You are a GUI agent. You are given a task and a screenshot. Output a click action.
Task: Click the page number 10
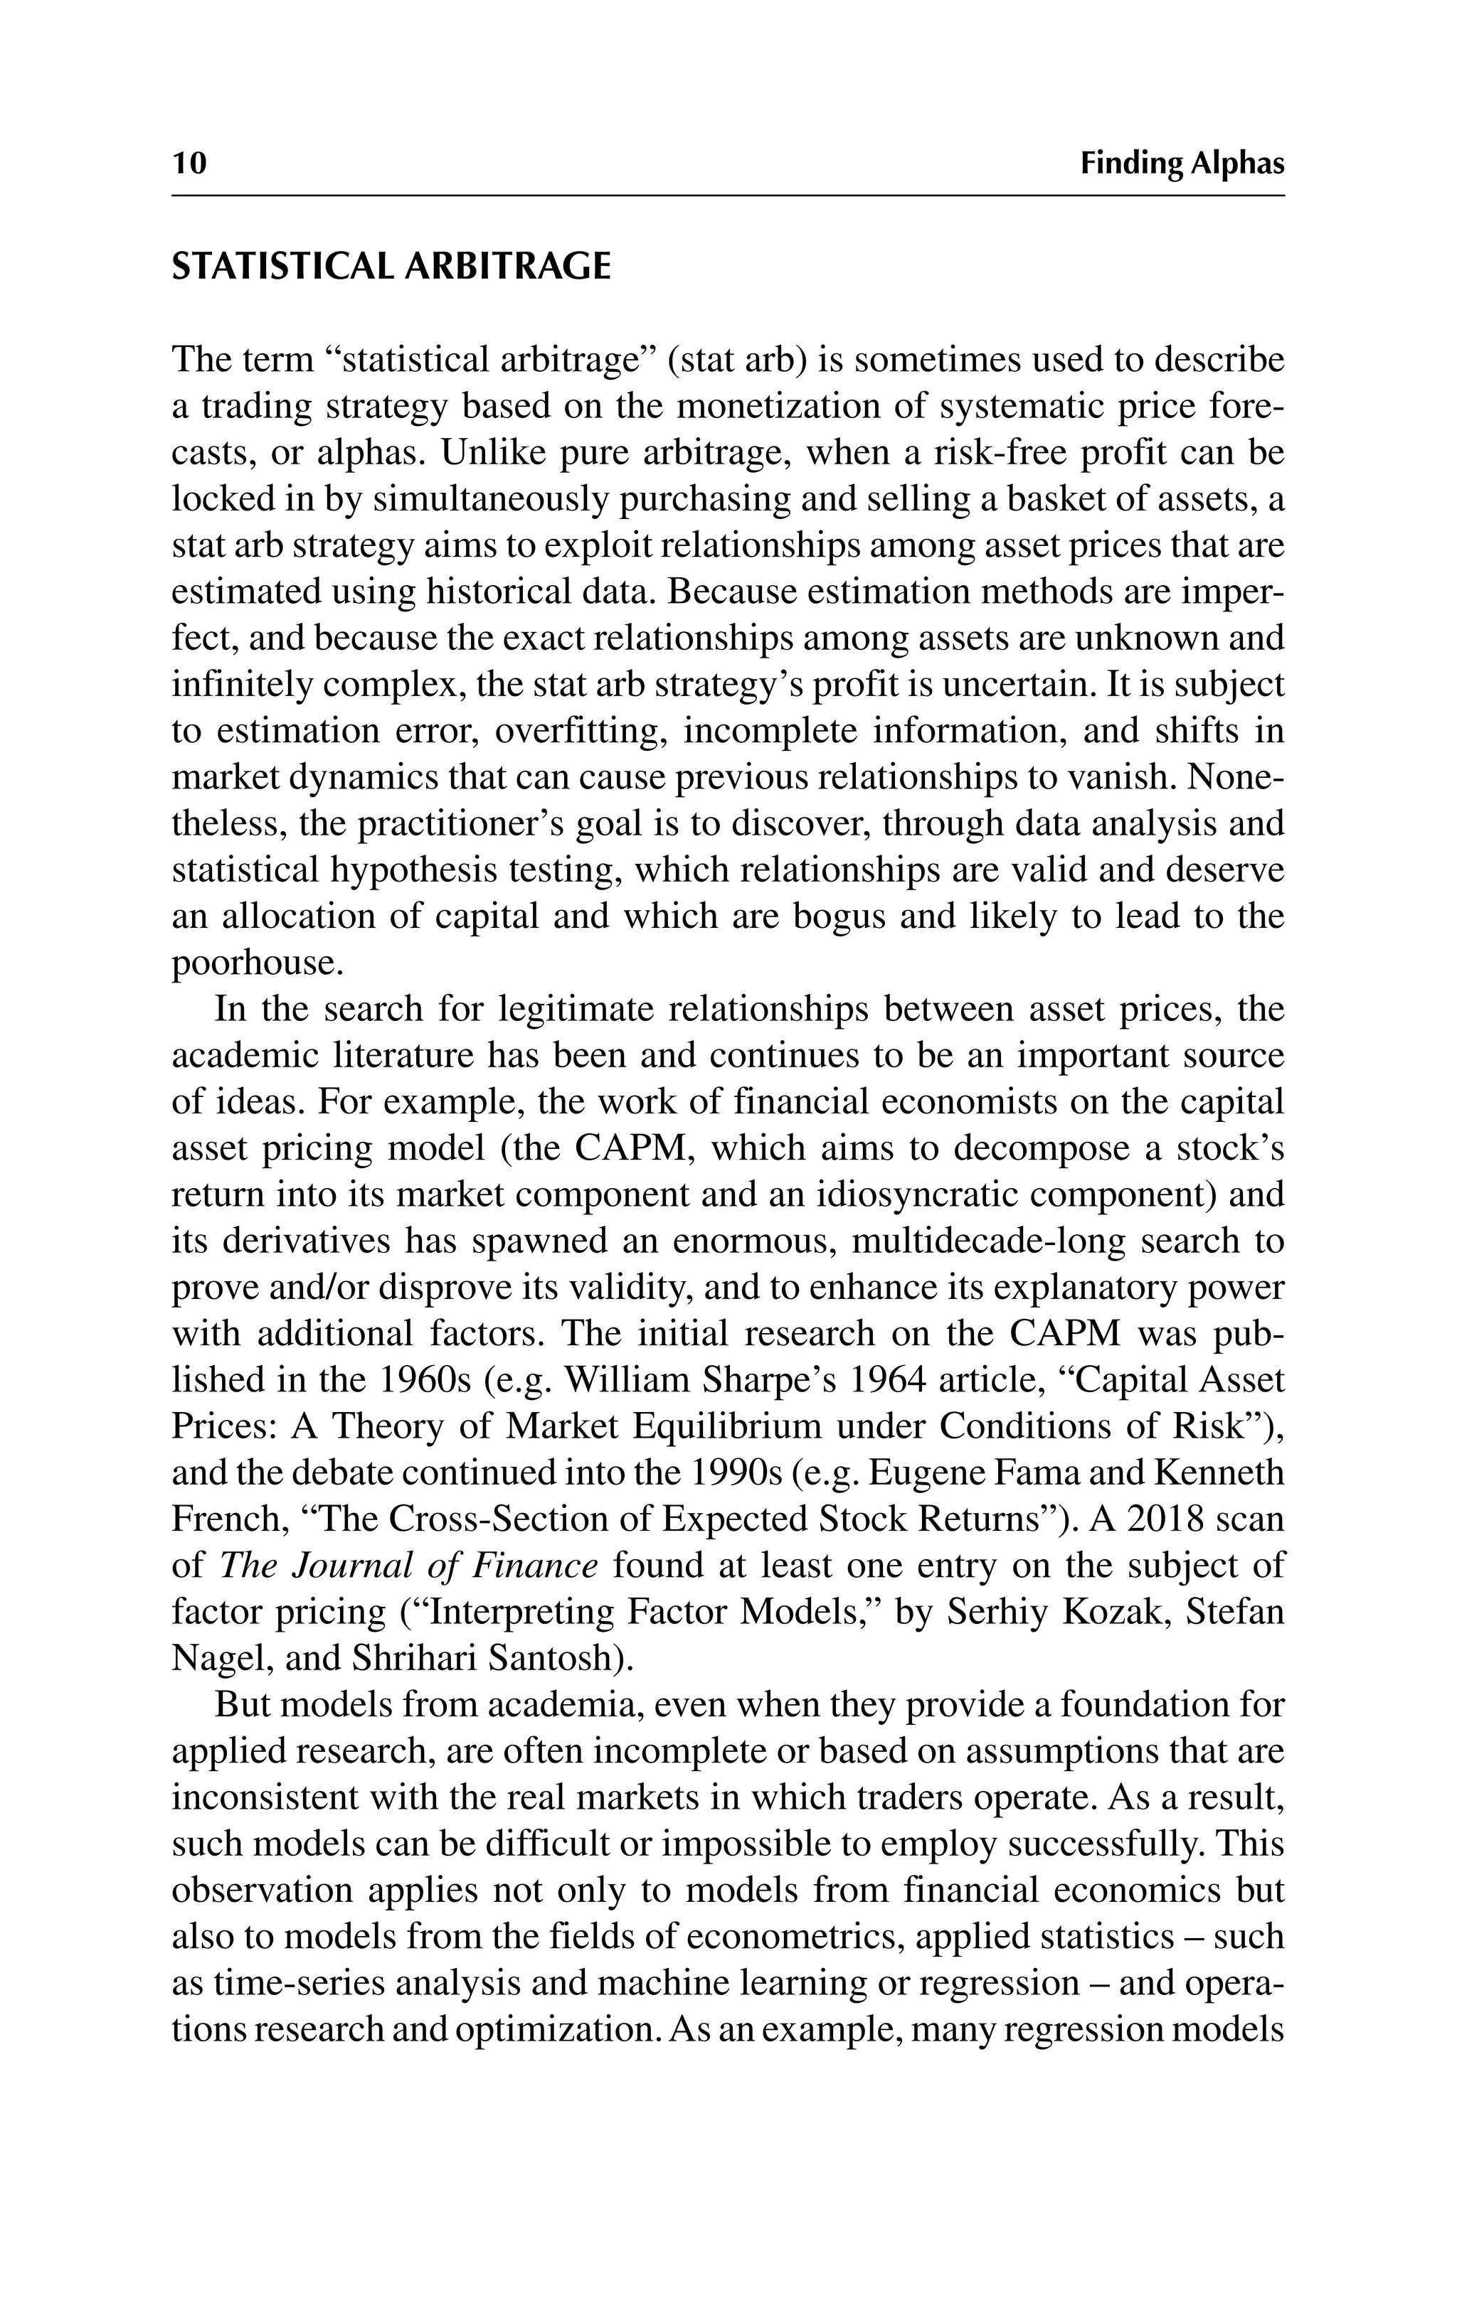pyautogui.click(x=189, y=164)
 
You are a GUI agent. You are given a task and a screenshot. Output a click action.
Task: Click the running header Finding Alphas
pyautogui.click(x=1181, y=164)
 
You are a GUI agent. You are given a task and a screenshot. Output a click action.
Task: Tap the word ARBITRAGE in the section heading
pyautogui.click(x=507, y=267)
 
